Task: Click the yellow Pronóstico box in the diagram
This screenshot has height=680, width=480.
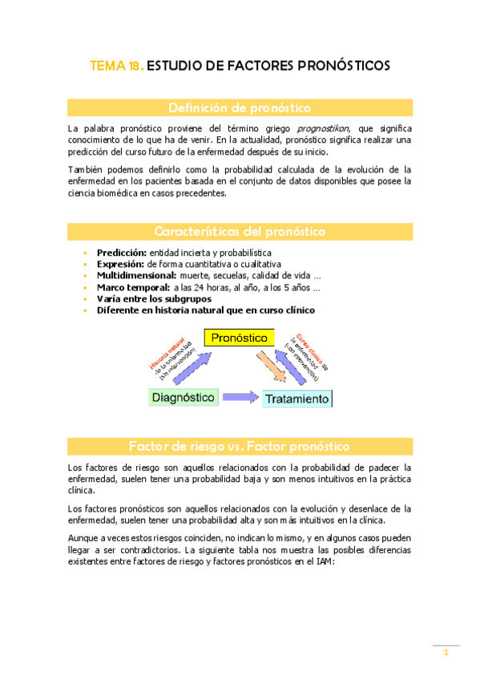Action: (237, 338)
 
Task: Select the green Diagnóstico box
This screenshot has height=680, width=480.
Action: (184, 397)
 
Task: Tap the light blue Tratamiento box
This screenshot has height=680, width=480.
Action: (297, 399)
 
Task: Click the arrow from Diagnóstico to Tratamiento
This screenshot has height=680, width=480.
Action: (240, 397)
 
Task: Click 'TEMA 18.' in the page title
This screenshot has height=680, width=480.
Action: (117, 67)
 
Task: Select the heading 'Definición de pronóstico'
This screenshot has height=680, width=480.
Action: (240, 107)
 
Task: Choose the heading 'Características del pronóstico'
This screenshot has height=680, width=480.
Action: (240, 232)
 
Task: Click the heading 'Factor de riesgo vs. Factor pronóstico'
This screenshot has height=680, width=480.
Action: (240, 446)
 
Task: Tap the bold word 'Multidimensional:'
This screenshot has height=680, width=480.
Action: (137, 275)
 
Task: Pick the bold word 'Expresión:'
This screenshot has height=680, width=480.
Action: (120, 264)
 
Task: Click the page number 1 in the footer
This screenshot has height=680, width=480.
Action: (446, 654)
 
